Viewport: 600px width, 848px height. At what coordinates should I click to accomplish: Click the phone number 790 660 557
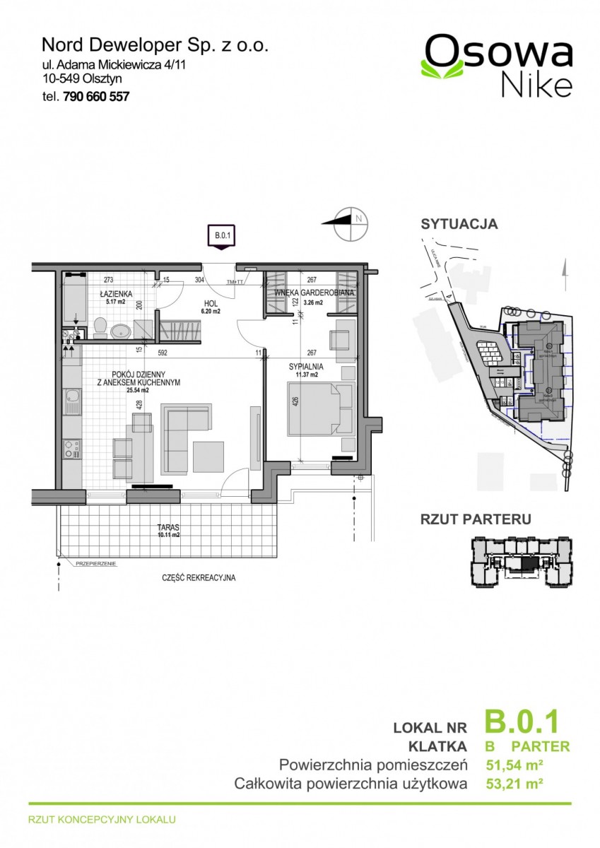tap(96, 98)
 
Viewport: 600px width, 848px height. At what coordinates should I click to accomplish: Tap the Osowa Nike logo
tap(497, 66)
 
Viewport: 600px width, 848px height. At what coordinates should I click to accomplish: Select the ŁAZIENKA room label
tap(112, 293)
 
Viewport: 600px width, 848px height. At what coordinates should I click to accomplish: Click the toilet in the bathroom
tap(100, 327)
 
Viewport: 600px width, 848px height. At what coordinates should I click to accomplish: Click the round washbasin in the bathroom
tap(122, 329)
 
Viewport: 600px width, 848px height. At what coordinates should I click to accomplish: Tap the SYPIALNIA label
tap(305, 367)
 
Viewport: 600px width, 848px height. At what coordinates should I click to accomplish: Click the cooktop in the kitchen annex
tap(71, 449)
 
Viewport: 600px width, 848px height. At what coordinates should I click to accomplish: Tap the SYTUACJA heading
tap(459, 225)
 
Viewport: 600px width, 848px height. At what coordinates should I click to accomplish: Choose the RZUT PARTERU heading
tap(475, 519)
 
